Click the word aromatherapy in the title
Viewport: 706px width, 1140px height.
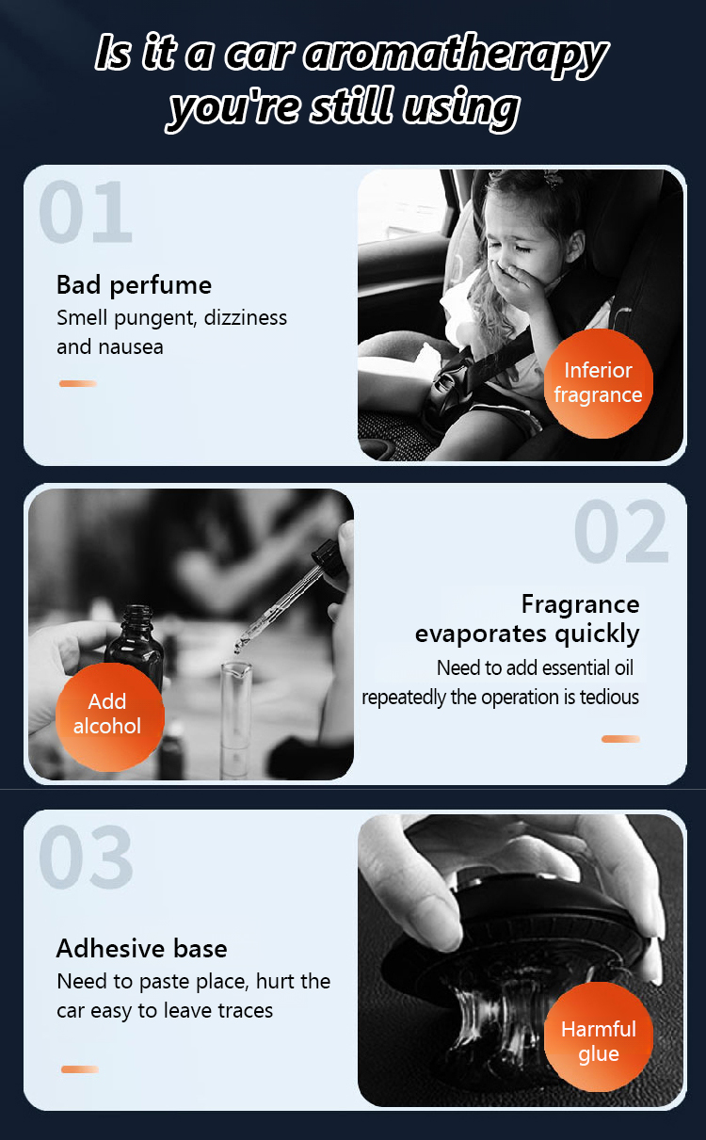pyautogui.click(x=456, y=56)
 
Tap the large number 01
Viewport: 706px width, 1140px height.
pyautogui.click(x=86, y=212)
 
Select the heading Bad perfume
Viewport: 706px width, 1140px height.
pyautogui.click(x=134, y=285)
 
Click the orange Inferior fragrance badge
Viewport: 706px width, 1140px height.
pyautogui.click(x=598, y=383)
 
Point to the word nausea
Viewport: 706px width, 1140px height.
pyautogui.click(x=131, y=347)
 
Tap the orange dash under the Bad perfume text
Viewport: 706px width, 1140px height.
pyautogui.click(x=78, y=383)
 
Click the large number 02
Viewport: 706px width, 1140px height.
pyautogui.click(x=621, y=531)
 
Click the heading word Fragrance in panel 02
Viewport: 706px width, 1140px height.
pyautogui.click(x=580, y=605)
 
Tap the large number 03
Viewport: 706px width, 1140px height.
pyautogui.click(x=86, y=857)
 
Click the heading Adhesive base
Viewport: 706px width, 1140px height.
pyautogui.click(x=141, y=949)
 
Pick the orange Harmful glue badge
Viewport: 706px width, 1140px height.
pyautogui.click(x=598, y=1036)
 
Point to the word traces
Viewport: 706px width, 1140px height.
pyautogui.click(x=245, y=1011)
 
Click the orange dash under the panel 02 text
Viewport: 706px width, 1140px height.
pyautogui.click(x=620, y=739)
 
